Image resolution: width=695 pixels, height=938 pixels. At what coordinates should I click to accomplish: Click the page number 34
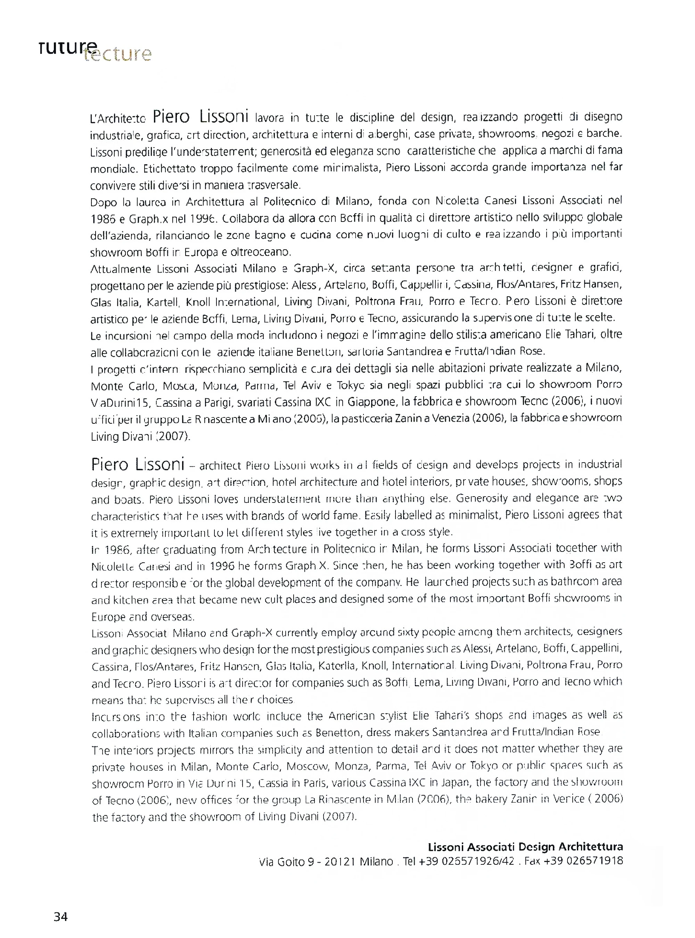[x=60, y=916]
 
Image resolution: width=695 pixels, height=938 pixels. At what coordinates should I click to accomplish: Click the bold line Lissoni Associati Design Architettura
[x=525, y=847]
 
